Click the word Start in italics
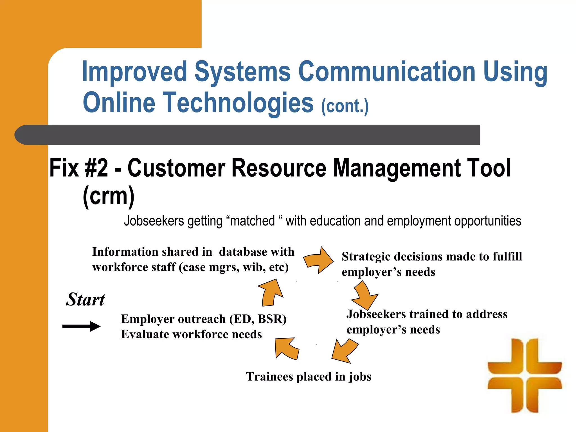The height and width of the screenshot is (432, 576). [x=85, y=299]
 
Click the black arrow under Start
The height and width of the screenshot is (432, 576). [x=81, y=326]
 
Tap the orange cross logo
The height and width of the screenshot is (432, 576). [x=525, y=375]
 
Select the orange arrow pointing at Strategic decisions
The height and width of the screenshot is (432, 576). [x=319, y=260]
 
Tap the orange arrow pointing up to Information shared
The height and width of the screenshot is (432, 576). [x=271, y=292]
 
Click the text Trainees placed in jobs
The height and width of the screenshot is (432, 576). [x=309, y=376]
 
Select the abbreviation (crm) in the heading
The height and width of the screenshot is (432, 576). [x=109, y=196]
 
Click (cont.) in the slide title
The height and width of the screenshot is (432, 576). [x=345, y=106]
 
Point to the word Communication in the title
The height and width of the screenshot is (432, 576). [x=386, y=72]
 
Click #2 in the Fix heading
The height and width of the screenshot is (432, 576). [x=96, y=168]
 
